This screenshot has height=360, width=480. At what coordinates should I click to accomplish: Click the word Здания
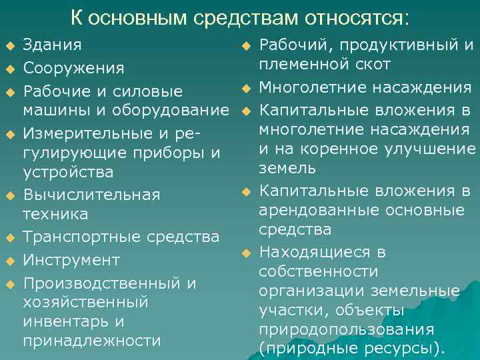tap(53, 45)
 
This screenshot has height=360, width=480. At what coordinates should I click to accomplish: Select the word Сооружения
tap(73, 68)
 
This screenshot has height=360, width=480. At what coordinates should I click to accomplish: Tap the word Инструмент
tap(71, 259)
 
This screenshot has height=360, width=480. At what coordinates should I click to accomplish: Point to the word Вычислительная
tap(91, 195)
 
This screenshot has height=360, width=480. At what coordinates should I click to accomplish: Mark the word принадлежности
tap(92, 340)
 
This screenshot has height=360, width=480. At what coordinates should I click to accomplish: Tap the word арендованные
tap(317, 211)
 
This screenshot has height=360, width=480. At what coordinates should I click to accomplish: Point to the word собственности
tap(318, 272)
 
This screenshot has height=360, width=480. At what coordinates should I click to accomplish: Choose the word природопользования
tap(347, 329)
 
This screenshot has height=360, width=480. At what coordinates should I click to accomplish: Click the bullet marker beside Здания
tap(9, 46)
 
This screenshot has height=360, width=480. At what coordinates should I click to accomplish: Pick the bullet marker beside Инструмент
tap(9, 260)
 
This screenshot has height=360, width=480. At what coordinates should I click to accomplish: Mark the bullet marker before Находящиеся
tap(245, 253)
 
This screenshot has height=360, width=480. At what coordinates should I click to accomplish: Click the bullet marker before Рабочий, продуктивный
tap(245, 46)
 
